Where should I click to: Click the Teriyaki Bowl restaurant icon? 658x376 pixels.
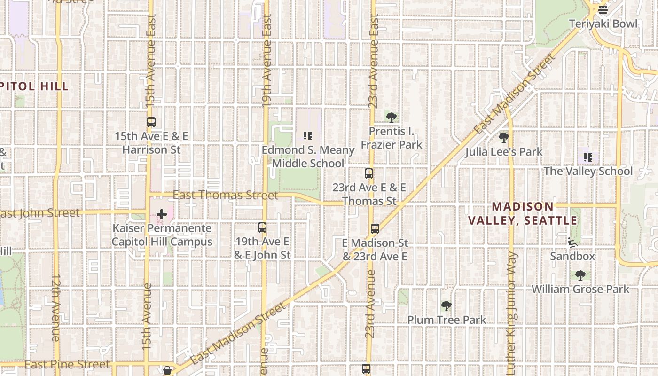[x=603, y=9]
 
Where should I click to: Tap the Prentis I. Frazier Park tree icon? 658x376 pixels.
[x=391, y=117]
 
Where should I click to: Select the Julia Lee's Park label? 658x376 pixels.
[x=504, y=152]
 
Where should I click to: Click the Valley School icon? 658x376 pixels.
[x=587, y=157]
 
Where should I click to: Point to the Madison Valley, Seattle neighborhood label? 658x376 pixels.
[x=523, y=213]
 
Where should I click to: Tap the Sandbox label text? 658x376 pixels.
[x=572, y=256]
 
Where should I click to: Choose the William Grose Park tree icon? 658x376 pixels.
[x=580, y=275]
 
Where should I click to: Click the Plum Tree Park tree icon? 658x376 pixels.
[x=446, y=306]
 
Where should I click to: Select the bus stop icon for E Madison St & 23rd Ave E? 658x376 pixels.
[x=375, y=229]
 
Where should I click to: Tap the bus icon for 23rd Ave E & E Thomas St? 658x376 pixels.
[x=369, y=173]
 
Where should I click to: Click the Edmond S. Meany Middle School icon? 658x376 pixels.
[x=308, y=136]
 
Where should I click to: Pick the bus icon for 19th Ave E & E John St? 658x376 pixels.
[x=262, y=227]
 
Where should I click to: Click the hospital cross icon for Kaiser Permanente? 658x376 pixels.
[x=162, y=215]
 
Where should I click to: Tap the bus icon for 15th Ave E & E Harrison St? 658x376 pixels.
[x=151, y=122]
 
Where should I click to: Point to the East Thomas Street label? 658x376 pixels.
[x=225, y=195]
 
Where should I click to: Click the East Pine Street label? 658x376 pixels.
[x=67, y=364]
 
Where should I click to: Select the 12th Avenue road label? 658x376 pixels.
[x=55, y=308]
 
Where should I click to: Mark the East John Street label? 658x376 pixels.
[x=40, y=213]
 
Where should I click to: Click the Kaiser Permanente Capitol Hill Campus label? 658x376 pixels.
[x=162, y=235]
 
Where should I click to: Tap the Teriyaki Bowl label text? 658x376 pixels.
[x=603, y=23]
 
